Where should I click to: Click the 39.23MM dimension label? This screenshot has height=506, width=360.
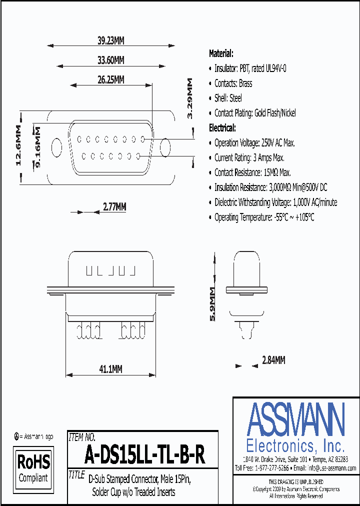(110, 42)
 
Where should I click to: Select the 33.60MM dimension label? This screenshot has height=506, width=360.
(110, 60)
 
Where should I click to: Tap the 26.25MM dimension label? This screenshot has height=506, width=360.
(110, 79)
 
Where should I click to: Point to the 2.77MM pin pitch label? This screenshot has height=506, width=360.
(114, 206)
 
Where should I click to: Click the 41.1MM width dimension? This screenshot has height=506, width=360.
(110, 369)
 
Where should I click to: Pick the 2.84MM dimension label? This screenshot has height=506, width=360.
(273, 360)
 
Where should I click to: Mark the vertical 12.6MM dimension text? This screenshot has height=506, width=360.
(18, 145)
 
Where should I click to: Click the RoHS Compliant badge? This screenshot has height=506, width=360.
(33, 467)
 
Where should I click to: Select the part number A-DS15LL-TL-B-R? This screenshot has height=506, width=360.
(144, 455)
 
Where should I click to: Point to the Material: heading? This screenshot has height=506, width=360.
(220, 53)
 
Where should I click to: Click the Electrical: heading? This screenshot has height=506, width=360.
(222, 128)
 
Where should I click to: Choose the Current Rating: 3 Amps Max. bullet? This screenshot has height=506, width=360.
(249, 157)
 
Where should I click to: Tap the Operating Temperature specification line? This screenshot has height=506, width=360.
(263, 217)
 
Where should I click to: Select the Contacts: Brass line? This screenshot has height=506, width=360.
(233, 83)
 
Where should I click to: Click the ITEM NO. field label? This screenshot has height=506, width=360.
(81, 436)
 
